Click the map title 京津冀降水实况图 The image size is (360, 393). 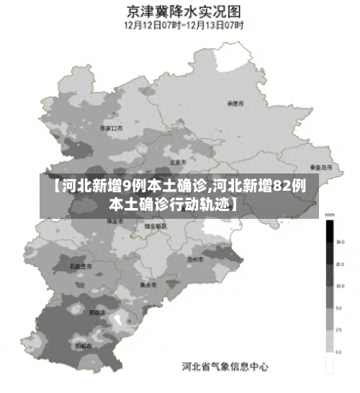click(184, 12)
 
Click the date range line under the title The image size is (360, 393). click(184, 25)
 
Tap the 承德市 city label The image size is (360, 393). click(235, 104)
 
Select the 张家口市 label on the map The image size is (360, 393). click(112, 127)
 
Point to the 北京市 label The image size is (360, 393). click(178, 162)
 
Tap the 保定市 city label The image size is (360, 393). click(115, 221)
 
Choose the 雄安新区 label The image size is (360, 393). click(155, 226)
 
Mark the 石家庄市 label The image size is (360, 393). click(81, 266)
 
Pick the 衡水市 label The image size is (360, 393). click(149, 283)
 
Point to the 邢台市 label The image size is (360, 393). click(97, 313)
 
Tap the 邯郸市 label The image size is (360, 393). click(84, 345)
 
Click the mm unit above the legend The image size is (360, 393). click(329, 214)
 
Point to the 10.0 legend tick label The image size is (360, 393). click(338, 286)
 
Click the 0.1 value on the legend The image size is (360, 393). click(338, 352)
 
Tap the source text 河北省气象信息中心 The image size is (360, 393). click(224, 367)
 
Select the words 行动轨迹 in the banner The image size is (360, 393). click(203, 204)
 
